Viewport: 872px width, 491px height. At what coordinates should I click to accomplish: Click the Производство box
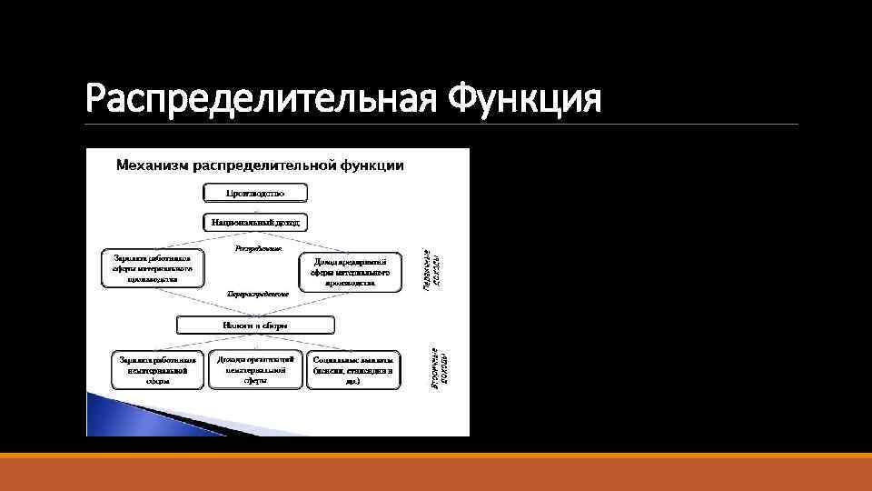[255, 193]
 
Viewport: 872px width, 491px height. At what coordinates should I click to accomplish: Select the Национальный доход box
[255, 222]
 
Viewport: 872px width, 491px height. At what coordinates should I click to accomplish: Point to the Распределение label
[258, 248]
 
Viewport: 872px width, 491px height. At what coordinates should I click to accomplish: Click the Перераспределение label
[258, 295]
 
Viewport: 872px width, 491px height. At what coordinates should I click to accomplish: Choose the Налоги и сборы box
[255, 325]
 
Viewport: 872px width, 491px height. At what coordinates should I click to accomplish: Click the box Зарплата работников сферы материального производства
[152, 268]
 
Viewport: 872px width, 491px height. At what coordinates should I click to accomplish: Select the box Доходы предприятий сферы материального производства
[351, 272]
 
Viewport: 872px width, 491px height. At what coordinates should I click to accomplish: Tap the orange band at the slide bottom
[436, 472]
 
